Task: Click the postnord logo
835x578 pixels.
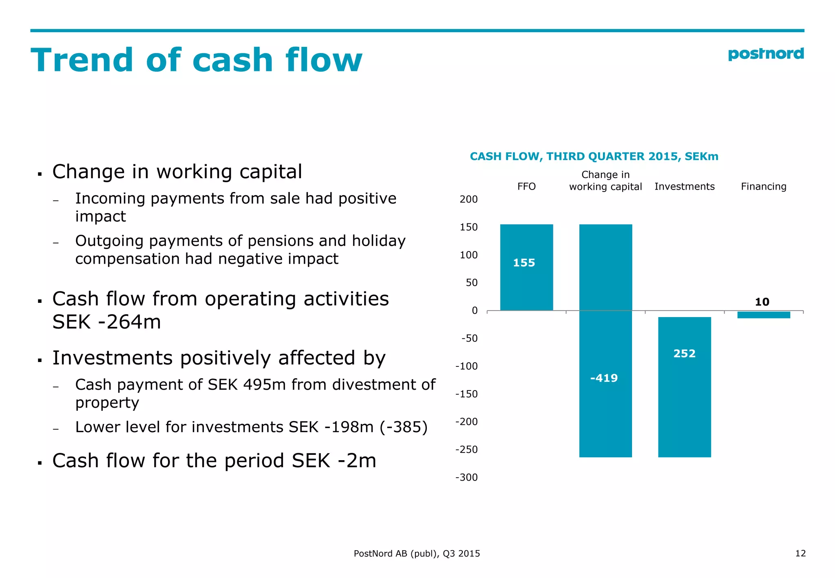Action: pos(765,54)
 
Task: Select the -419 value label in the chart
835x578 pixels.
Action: pos(604,378)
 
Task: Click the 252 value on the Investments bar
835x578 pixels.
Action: pos(684,353)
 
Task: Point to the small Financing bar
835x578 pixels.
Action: pos(763,315)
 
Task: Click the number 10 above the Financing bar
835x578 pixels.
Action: pos(762,302)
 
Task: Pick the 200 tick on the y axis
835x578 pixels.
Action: pos(468,199)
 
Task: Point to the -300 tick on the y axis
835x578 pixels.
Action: pos(466,477)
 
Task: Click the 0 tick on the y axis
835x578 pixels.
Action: pos(475,311)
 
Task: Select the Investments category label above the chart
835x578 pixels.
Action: pos(684,187)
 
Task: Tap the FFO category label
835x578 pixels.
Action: pos(526,187)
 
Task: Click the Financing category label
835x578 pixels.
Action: pos(763,187)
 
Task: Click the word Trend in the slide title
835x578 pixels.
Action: pos(82,60)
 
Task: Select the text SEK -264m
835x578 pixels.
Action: pos(106,322)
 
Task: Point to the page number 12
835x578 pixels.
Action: pos(800,553)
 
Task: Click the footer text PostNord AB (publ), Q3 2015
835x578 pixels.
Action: pos(417,554)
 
